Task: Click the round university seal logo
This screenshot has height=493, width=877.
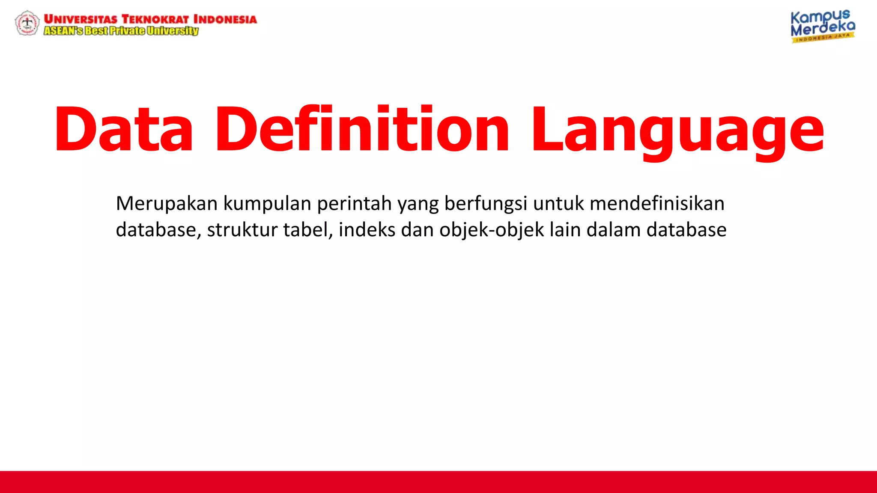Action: [x=27, y=23]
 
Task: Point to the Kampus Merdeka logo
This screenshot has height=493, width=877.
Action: [x=822, y=26]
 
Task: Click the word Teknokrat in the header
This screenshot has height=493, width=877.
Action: [x=155, y=19]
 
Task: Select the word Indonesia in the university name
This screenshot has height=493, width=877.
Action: [x=225, y=19]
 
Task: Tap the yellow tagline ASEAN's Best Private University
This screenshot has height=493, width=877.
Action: [x=121, y=31]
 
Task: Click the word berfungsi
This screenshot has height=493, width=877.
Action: [x=486, y=204]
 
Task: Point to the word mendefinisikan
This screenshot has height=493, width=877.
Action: [x=657, y=204]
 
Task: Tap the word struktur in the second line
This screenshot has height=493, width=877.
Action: [x=242, y=230]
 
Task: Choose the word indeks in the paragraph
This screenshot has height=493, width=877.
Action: [x=367, y=230]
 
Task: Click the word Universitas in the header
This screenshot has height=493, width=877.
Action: [x=81, y=19]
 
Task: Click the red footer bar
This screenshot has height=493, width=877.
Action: [x=438, y=482]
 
